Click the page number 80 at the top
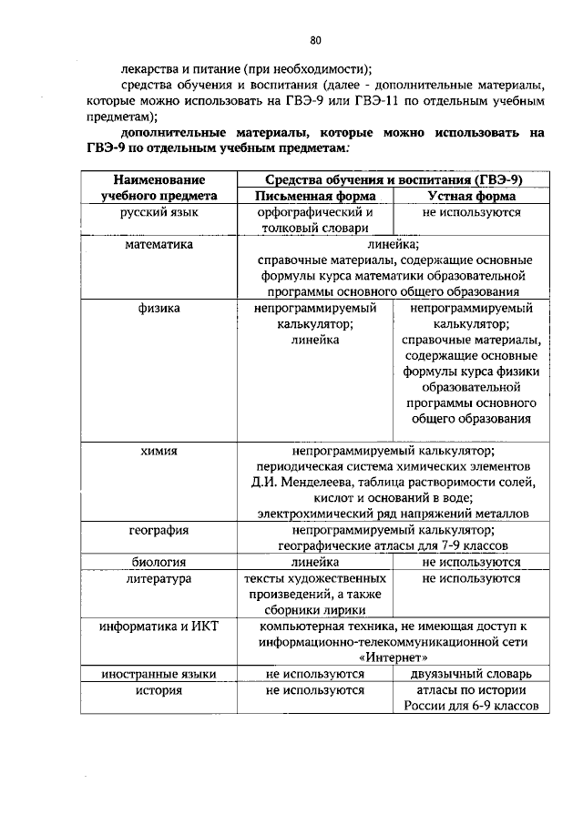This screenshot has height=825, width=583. coord(315,40)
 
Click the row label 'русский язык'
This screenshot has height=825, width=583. coord(159,212)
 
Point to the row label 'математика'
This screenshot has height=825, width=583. coord(159,244)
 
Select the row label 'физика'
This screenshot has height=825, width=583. coord(159,309)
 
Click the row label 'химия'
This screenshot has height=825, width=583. coord(159,450)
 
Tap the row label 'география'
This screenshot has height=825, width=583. coord(159,529)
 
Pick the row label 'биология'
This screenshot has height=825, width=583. coord(159,563)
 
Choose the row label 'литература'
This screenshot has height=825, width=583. coord(159,578)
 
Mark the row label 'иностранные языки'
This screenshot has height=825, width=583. coord(159,675)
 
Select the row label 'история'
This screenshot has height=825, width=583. coord(159,690)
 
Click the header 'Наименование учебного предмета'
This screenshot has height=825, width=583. coord(159,188)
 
